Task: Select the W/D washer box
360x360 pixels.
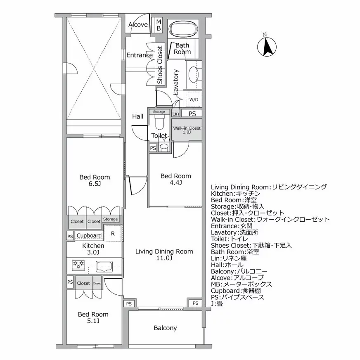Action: pos(193,99)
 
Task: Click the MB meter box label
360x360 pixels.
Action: pos(159,25)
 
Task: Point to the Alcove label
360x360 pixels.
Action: pos(138,25)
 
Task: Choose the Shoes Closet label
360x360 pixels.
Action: pos(160,66)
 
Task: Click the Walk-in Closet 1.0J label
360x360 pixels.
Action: pos(187,130)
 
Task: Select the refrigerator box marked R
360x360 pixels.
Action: pos(113,233)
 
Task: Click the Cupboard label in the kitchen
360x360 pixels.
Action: pos(89,236)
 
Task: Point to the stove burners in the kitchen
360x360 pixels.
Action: pos(78,264)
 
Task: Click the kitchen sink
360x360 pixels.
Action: pos(105,266)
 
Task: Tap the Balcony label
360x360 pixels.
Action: pos(165,328)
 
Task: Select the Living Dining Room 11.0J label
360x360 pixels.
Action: pos(164,255)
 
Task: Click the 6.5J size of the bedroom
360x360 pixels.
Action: pos(95,184)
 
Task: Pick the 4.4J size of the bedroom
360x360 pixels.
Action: pos(175,182)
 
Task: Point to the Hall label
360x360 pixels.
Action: pos(138,116)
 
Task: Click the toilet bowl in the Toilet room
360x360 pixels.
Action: pos(159,123)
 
